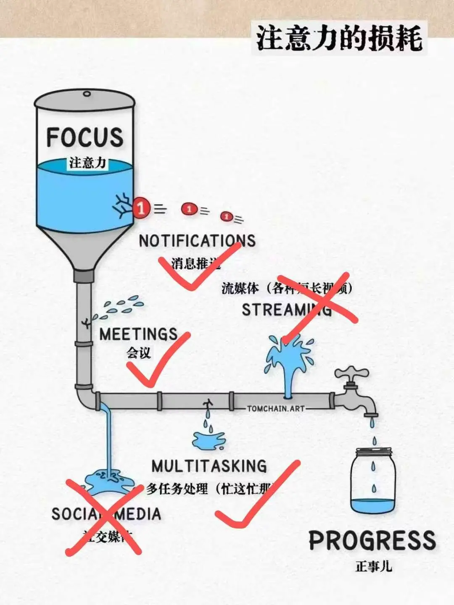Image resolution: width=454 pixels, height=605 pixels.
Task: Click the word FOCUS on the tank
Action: [84, 137]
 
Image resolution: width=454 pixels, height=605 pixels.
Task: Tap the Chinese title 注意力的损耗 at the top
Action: [339, 38]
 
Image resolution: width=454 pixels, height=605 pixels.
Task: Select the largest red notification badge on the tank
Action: [141, 208]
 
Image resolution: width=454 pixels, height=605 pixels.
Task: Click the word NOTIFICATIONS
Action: [197, 241]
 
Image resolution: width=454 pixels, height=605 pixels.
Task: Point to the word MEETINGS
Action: [138, 334]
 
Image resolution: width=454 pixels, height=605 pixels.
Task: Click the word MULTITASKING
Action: [209, 466]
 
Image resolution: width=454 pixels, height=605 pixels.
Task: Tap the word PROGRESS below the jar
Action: [372, 540]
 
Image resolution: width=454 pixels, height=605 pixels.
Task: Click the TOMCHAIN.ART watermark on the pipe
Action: [276, 408]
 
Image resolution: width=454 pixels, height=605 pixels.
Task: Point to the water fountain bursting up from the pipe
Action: [289, 361]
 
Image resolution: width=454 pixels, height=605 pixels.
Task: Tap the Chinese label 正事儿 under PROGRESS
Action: [373, 566]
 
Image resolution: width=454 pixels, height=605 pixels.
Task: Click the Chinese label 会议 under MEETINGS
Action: [139, 352]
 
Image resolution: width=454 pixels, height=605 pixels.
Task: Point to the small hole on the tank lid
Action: [87, 94]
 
